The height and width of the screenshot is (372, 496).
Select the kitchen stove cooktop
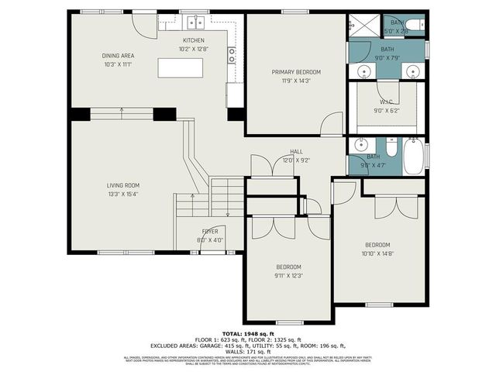coord(232,54)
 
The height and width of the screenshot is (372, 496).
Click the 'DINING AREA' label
coord(118,56)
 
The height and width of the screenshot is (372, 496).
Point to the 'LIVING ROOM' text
coord(122,185)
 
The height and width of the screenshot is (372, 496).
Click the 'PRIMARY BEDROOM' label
coord(295,72)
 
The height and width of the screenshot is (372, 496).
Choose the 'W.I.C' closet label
coord(387,102)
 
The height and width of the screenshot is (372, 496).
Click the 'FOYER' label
coord(210,232)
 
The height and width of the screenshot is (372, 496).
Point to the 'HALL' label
coord(296,152)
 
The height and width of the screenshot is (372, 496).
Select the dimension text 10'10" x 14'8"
coord(378,253)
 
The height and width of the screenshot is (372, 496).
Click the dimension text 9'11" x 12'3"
coord(288,275)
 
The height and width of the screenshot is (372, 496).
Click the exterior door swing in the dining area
coord(145,23)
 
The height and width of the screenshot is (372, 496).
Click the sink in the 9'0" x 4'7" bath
coord(361,145)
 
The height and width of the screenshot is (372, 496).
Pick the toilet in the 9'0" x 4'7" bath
coord(391,147)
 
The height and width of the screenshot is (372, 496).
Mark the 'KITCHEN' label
coord(193,40)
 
